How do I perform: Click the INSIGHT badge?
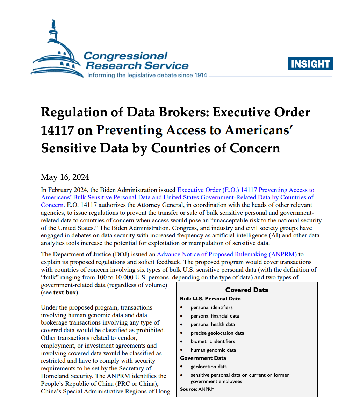point(310,64)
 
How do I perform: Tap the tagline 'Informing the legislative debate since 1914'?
point(147,75)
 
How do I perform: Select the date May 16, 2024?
point(65,177)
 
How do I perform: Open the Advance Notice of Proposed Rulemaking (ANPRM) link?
point(227,254)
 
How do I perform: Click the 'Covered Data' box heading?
point(247,290)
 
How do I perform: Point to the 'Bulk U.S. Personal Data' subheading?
point(210,299)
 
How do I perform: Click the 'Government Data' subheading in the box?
point(203,358)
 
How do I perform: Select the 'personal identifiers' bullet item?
point(211,307)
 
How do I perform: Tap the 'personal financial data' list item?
point(215,316)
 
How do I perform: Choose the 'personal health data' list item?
point(213,324)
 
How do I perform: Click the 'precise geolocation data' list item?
point(217,333)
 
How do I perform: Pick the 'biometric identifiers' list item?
point(213,341)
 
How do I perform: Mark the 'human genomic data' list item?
point(213,350)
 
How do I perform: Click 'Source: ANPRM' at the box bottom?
point(197,389)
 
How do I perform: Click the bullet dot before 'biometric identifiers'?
point(182,341)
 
